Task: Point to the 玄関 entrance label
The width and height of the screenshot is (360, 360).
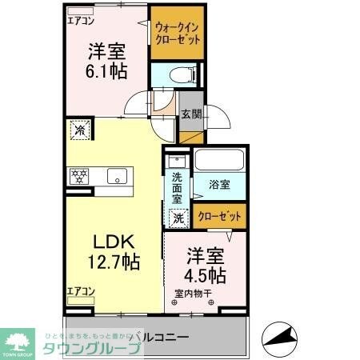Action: pos(190,114)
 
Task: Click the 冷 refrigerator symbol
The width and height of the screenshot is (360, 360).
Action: pos(80,127)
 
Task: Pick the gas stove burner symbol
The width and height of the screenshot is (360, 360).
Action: pos(80,174)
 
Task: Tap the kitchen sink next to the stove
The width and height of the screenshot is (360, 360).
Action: pos(117,176)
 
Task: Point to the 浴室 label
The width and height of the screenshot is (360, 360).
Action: pos(220,185)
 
